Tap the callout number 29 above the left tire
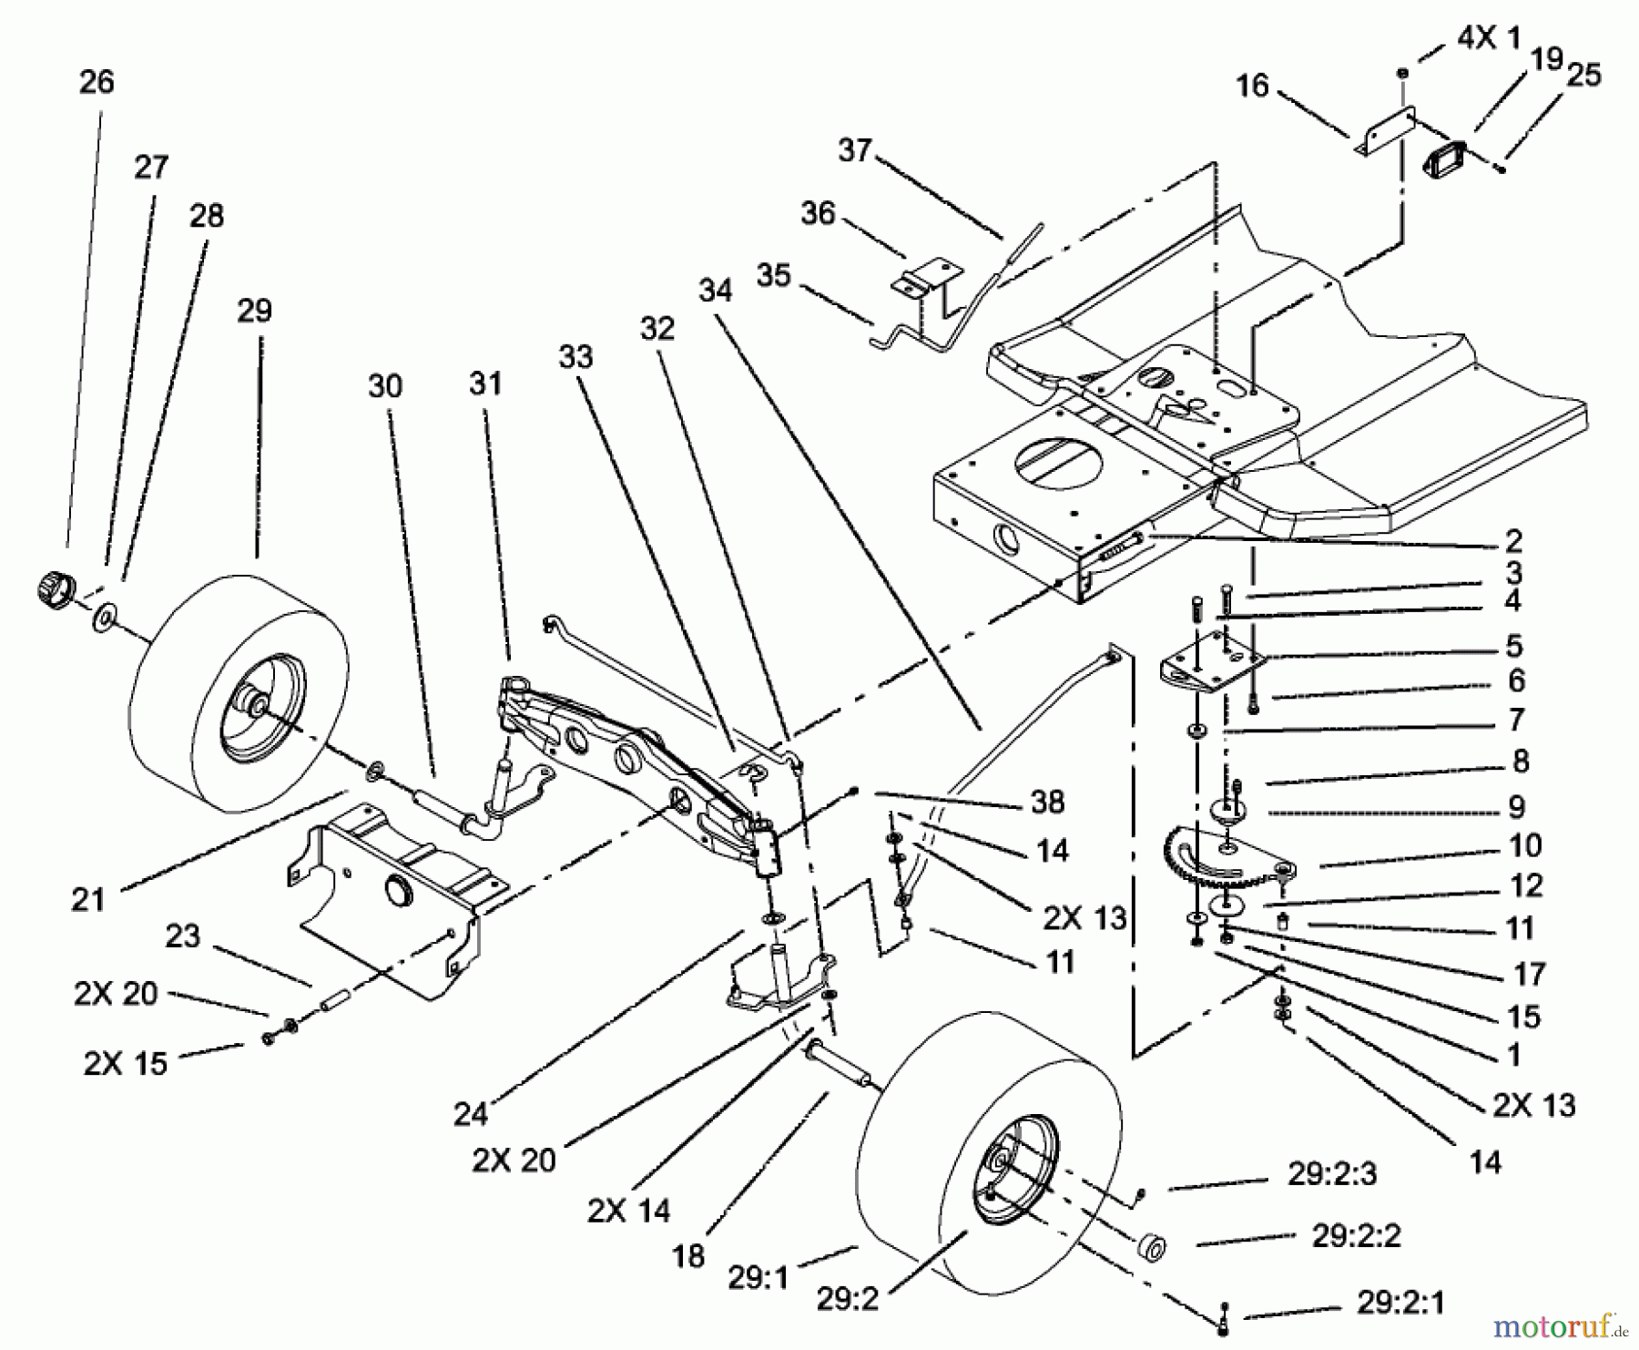coord(254,311)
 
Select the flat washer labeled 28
coord(106,620)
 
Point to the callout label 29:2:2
coord(1356,1236)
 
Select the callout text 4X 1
coord(1488,38)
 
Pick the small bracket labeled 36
coord(927,275)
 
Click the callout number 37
coord(854,150)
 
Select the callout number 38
coord(1047,802)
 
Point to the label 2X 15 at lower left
coord(126,1063)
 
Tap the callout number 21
coord(88,900)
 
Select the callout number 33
coord(575,357)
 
